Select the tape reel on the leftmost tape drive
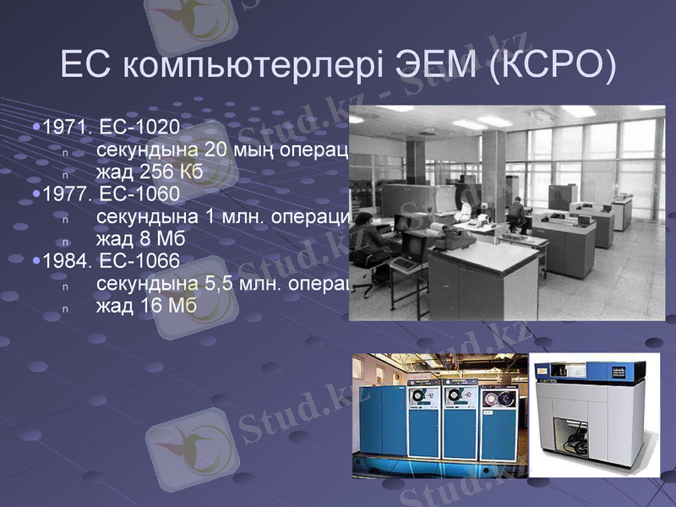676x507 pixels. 420,398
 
